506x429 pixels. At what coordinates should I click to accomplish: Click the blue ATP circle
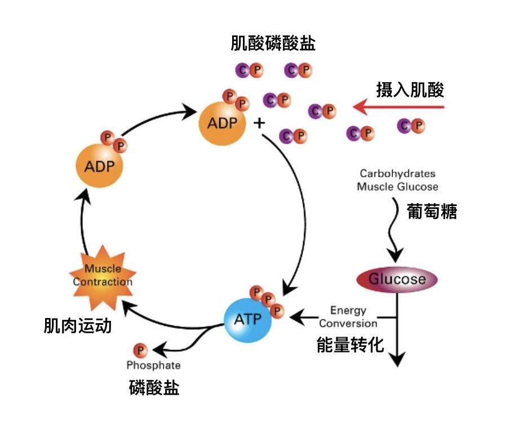point(247,319)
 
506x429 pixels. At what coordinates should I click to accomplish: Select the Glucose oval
point(397,280)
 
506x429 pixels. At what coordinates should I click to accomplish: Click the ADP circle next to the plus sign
point(222,123)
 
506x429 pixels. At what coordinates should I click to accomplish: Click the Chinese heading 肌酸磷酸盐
point(273,43)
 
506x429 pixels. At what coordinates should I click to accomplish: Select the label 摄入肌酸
point(410,90)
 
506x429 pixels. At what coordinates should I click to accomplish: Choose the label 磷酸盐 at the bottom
point(154,388)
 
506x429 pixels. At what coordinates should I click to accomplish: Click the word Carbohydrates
point(398,174)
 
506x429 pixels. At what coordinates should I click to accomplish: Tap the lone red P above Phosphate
point(139,350)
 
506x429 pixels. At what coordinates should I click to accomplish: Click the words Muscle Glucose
point(398,186)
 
